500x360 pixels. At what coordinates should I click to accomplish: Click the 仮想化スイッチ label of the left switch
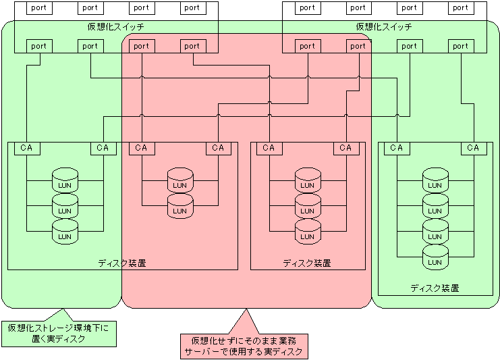coord(116,27)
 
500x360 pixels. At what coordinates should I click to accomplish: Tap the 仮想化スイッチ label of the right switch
coord(384,27)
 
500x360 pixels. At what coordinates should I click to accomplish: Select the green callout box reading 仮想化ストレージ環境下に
coord(59,334)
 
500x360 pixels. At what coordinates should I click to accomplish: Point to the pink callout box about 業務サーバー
coord(244,346)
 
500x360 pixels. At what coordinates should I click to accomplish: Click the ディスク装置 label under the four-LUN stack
coord(435,288)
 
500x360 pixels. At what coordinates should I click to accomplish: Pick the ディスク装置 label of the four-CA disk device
coord(122,263)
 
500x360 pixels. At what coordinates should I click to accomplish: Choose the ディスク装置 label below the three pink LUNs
coord(307,263)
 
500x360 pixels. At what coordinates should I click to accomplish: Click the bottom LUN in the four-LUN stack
coord(435,257)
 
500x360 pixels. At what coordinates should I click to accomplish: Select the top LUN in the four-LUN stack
coord(435,180)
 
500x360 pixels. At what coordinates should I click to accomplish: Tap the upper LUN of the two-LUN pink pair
coord(180,180)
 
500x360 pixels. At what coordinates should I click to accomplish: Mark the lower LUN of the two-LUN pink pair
coord(180,206)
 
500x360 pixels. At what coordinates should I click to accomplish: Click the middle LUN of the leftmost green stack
coord(65,206)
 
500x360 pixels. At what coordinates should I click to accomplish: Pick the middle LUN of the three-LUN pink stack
coord(308,206)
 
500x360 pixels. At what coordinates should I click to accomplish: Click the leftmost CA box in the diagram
coord(27,149)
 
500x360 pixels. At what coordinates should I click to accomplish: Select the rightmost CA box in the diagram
coord(474,149)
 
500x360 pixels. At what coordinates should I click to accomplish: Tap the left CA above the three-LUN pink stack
coord(269,149)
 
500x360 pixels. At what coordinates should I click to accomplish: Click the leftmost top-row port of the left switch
coord(40,8)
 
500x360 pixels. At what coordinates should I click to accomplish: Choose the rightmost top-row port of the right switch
coord(461,8)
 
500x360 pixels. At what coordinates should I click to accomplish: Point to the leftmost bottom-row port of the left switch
coord(40,47)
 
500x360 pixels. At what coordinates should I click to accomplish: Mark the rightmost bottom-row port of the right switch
coord(461,47)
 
